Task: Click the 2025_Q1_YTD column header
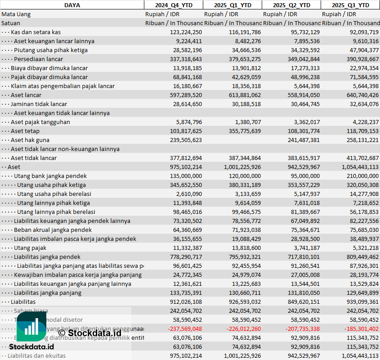(x=232, y=5)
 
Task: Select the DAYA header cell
(x=72, y=5)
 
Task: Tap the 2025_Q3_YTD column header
(x=350, y=5)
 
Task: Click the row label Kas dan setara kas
(x=36, y=32)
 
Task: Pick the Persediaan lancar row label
(x=38, y=59)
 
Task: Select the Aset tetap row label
(x=25, y=131)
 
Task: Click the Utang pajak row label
(x=30, y=248)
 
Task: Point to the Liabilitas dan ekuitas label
(x=36, y=356)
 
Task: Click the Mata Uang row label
(x=16, y=14)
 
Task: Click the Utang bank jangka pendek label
(x=50, y=176)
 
